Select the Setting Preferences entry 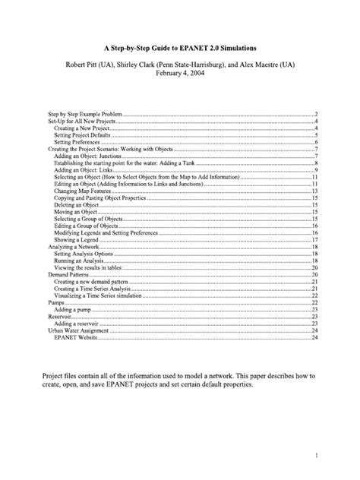click(x=74, y=142)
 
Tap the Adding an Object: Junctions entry click(x=86, y=156)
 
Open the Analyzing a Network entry click(x=68, y=247)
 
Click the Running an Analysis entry click(x=78, y=261)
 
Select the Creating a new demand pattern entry click(x=87, y=282)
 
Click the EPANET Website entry click(x=74, y=337)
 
